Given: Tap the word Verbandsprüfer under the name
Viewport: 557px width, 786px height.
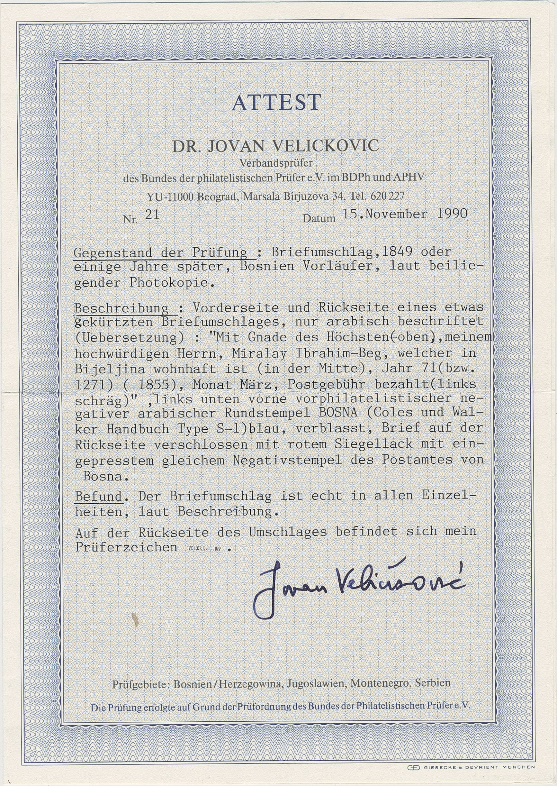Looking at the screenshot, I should [x=276, y=163].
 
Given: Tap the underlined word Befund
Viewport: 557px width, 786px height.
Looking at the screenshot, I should [x=99, y=496].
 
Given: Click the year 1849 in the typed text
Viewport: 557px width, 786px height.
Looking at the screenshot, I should [x=398, y=252].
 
